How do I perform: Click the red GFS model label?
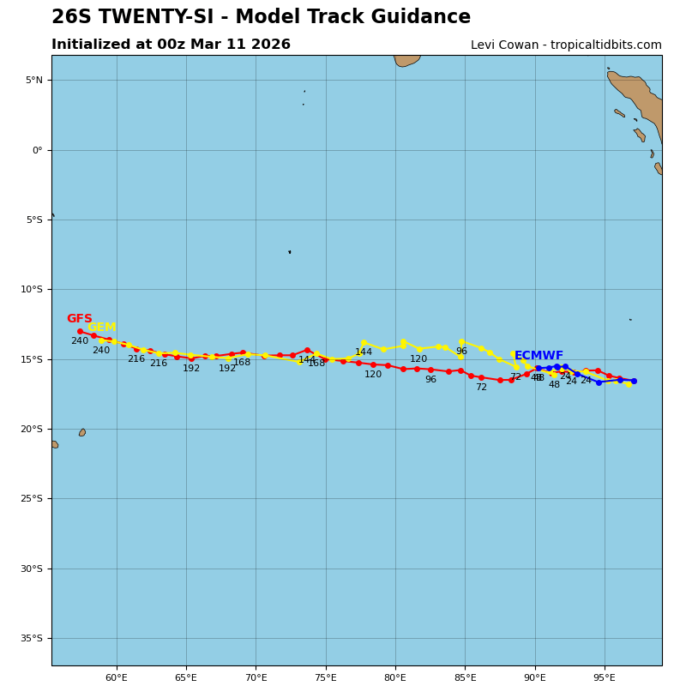(79, 319)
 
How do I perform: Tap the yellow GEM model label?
(101, 328)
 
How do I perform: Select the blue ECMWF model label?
(539, 356)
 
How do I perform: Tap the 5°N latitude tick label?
(33, 81)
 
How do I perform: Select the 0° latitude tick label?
(38, 150)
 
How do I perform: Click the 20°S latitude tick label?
(32, 429)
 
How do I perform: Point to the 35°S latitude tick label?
(32, 638)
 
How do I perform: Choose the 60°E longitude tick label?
(117, 678)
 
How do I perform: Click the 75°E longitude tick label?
(326, 678)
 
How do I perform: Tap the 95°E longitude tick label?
(605, 678)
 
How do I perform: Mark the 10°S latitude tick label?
(32, 290)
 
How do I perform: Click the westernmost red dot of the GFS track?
(80, 331)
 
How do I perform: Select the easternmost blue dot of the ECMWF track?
(634, 381)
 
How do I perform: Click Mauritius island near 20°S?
(82, 432)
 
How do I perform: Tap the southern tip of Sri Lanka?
(403, 65)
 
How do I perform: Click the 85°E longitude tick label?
(465, 678)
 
